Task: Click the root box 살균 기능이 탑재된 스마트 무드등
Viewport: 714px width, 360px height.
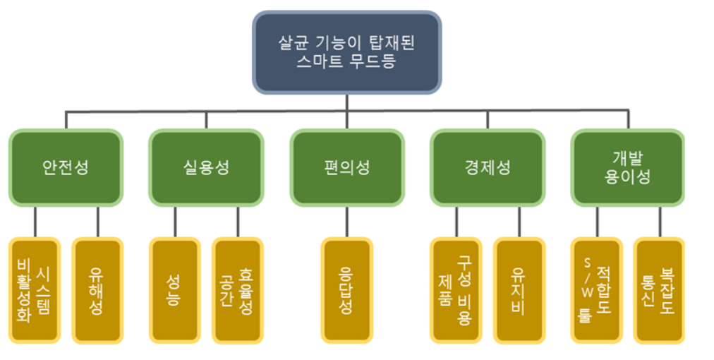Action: (346, 52)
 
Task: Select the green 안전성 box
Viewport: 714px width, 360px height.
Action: (66, 167)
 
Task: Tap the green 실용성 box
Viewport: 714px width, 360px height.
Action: (205, 167)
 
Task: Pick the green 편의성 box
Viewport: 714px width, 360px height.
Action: (346, 167)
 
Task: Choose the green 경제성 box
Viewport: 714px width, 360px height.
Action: (488, 167)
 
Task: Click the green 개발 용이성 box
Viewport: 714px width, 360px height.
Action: (627, 167)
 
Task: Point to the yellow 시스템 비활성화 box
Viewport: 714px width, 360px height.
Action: (35, 290)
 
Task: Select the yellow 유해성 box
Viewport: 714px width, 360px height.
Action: (97, 290)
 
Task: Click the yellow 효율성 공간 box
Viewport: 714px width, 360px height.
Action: (237, 290)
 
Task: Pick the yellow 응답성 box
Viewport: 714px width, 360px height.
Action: (346, 290)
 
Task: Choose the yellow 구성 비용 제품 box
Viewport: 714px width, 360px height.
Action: (456, 290)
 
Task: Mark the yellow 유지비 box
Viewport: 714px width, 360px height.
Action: (519, 290)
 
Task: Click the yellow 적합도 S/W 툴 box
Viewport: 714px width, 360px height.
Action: (596, 290)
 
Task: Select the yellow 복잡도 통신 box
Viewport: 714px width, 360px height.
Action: (659, 290)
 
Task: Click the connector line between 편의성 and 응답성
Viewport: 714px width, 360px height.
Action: (346, 222)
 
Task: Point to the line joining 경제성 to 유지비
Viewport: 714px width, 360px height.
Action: (519, 222)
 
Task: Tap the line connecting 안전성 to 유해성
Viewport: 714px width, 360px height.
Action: (97, 222)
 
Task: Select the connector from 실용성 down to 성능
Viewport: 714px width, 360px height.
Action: (174, 222)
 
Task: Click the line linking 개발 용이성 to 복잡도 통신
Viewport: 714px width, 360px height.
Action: (659, 222)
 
